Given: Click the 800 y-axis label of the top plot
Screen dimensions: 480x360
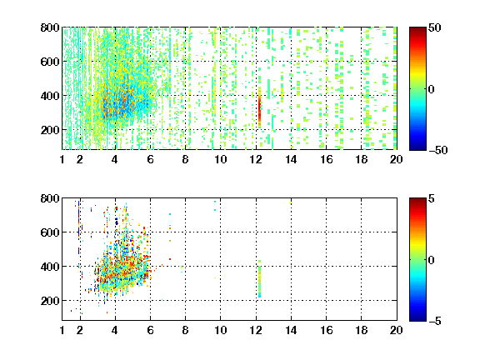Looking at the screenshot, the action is tap(50, 27).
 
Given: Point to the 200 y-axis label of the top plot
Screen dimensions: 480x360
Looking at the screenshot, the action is tap(50, 130).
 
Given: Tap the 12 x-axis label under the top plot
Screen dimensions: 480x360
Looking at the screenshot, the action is tap(256, 159).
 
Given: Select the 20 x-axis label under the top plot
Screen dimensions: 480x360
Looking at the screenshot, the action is tap(396, 159).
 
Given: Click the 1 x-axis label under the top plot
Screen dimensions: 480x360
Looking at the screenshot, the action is tap(62, 159).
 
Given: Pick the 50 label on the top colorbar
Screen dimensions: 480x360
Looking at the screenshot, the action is tap(434, 27).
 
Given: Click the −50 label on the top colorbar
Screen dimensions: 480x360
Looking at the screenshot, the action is tap(437, 150).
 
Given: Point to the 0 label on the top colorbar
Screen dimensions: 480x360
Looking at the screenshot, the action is tap(432, 89).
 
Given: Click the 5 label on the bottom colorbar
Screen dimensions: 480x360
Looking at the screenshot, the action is tap(432, 198).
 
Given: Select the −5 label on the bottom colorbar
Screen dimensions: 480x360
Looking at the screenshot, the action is tap(435, 321).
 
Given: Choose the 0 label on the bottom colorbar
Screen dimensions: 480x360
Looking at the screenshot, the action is tap(432, 260).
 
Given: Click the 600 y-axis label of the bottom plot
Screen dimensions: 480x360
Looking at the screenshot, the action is tap(50, 232).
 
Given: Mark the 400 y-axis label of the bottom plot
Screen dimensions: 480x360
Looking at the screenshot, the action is tap(50, 267).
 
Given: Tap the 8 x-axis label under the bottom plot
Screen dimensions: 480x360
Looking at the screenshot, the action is tap(185, 330).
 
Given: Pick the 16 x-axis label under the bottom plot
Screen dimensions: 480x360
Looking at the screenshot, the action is tap(327, 330).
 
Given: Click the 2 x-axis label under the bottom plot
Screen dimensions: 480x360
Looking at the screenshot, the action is tap(80, 330).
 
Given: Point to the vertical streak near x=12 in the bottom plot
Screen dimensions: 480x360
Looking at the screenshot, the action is tap(259, 278).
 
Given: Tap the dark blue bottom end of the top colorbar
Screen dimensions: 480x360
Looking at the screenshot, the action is tap(417, 147).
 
